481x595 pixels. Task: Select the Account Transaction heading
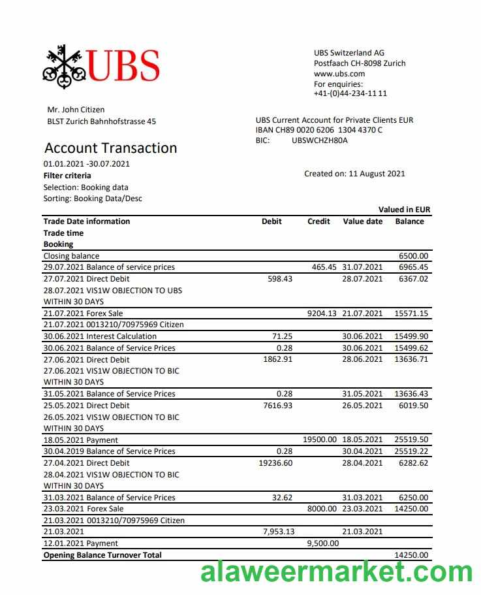[x=110, y=148]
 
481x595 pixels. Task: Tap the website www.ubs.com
[x=339, y=74]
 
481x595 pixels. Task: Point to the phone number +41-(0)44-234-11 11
[x=350, y=93]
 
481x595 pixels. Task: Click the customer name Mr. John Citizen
[x=76, y=110]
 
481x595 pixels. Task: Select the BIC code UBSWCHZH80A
[x=320, y=140]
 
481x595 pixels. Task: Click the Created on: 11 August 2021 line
[x=354, y=174]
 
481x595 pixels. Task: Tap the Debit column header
[x=272, y=221]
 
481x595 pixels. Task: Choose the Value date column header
[x=363, y=221]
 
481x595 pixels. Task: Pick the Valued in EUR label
[x=404, y=210]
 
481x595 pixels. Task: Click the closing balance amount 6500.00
[x=414, y=256]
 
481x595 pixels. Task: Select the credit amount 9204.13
[x=322, y=314]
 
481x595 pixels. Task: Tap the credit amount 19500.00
[x=320, y=440]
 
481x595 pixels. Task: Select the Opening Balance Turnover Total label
[x=102, y=555]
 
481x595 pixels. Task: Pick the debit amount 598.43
[x=281, y=279]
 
